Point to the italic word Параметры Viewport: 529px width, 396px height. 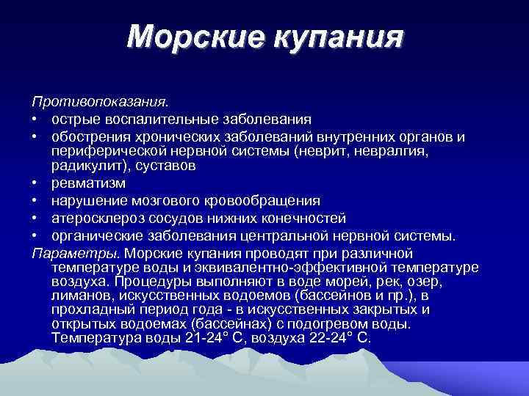point(76,252)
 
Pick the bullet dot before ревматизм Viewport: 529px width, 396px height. point(35,183)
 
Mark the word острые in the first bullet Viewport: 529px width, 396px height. point(76,118)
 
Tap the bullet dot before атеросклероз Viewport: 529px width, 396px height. point(35,219)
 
